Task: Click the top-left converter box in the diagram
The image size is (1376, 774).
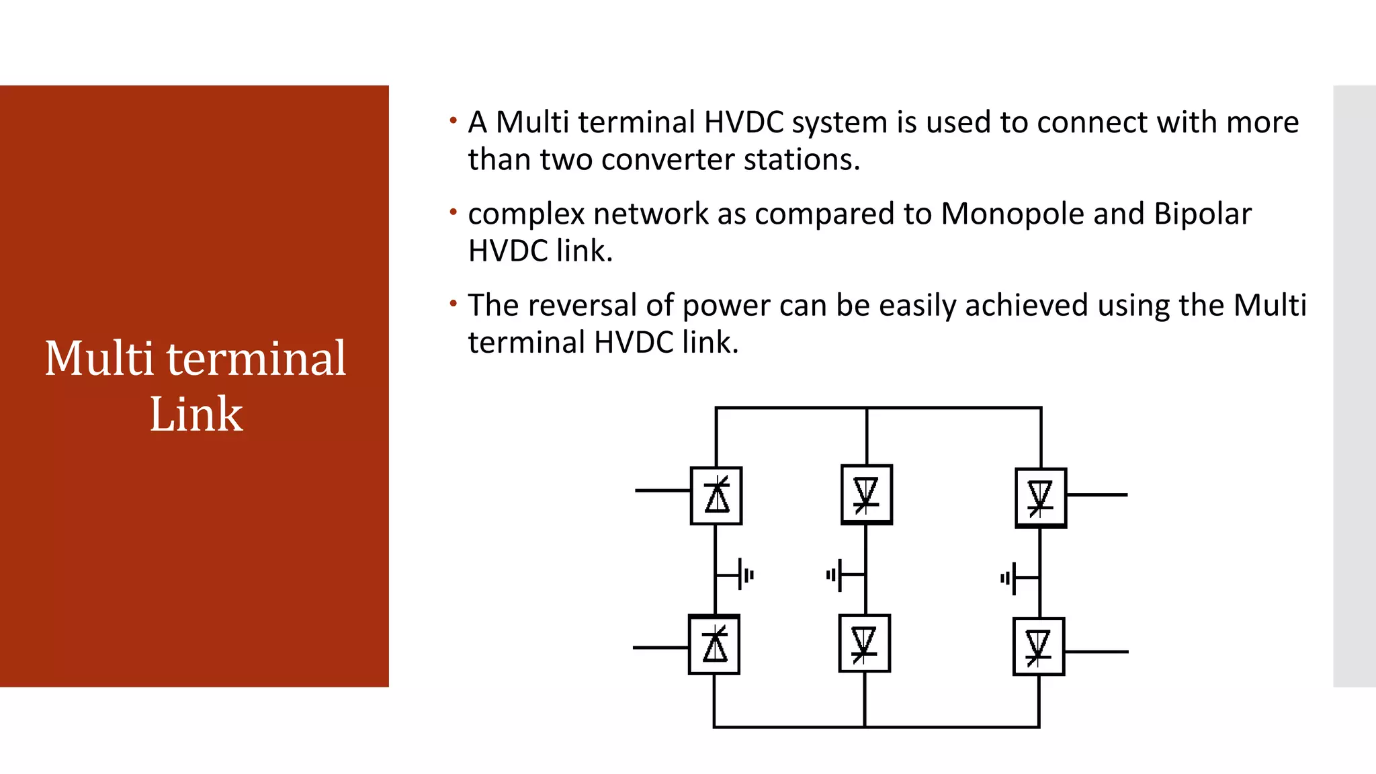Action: [716, 496]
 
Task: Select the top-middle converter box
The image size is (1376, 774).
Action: [867, 494]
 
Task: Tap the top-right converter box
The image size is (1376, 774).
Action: [1040, 498]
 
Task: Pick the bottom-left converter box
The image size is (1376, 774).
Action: [714, 645]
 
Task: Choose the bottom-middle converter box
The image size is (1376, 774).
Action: [865, 644]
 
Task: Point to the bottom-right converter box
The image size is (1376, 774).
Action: [1039, 646]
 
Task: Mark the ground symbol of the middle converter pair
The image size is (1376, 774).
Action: [835, 575]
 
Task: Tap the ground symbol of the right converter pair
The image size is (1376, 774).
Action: [1009, 578]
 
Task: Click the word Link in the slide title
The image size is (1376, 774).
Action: [196, 414]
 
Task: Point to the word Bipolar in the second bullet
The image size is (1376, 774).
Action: [1203, 214]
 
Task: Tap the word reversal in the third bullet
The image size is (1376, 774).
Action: [591, 305]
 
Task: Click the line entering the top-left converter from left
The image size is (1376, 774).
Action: [662, 490]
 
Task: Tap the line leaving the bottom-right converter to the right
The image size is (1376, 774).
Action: [1096, 651]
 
